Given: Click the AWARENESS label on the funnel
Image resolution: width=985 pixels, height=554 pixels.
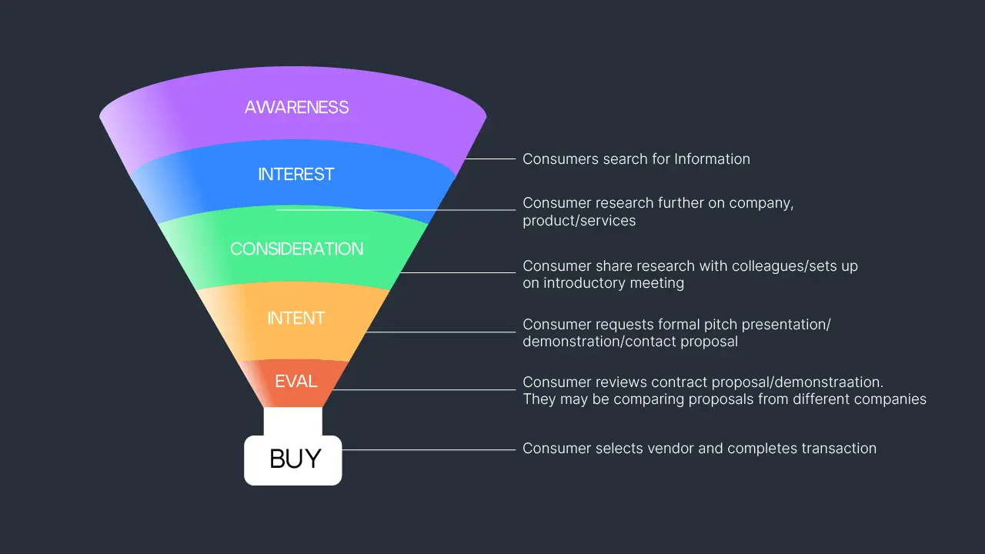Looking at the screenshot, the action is (x=296, y=107).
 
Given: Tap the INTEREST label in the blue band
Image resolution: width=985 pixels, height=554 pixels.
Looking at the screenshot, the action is (x=296, y=174).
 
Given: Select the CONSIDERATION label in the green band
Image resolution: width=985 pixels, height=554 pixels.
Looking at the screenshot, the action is (x=297, y=249).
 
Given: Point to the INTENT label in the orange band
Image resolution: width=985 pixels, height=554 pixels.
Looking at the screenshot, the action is (x=296, y=318).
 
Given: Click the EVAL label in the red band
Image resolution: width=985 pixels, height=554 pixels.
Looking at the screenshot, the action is (x=296, y=381).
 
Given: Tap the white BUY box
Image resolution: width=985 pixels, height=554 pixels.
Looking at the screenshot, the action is (x=293, y=460).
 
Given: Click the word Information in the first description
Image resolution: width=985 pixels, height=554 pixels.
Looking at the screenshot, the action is (x=712, y=159).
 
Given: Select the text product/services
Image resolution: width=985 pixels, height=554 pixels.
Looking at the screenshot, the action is (x=579, y=221).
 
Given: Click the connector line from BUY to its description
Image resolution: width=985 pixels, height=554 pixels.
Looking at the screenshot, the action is (x=429, y=450).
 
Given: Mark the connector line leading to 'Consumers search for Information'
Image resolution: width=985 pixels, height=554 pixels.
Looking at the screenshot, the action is (x=490, y=159).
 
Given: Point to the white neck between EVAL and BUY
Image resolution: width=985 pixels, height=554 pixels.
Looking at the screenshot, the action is (x=293, y=421).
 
